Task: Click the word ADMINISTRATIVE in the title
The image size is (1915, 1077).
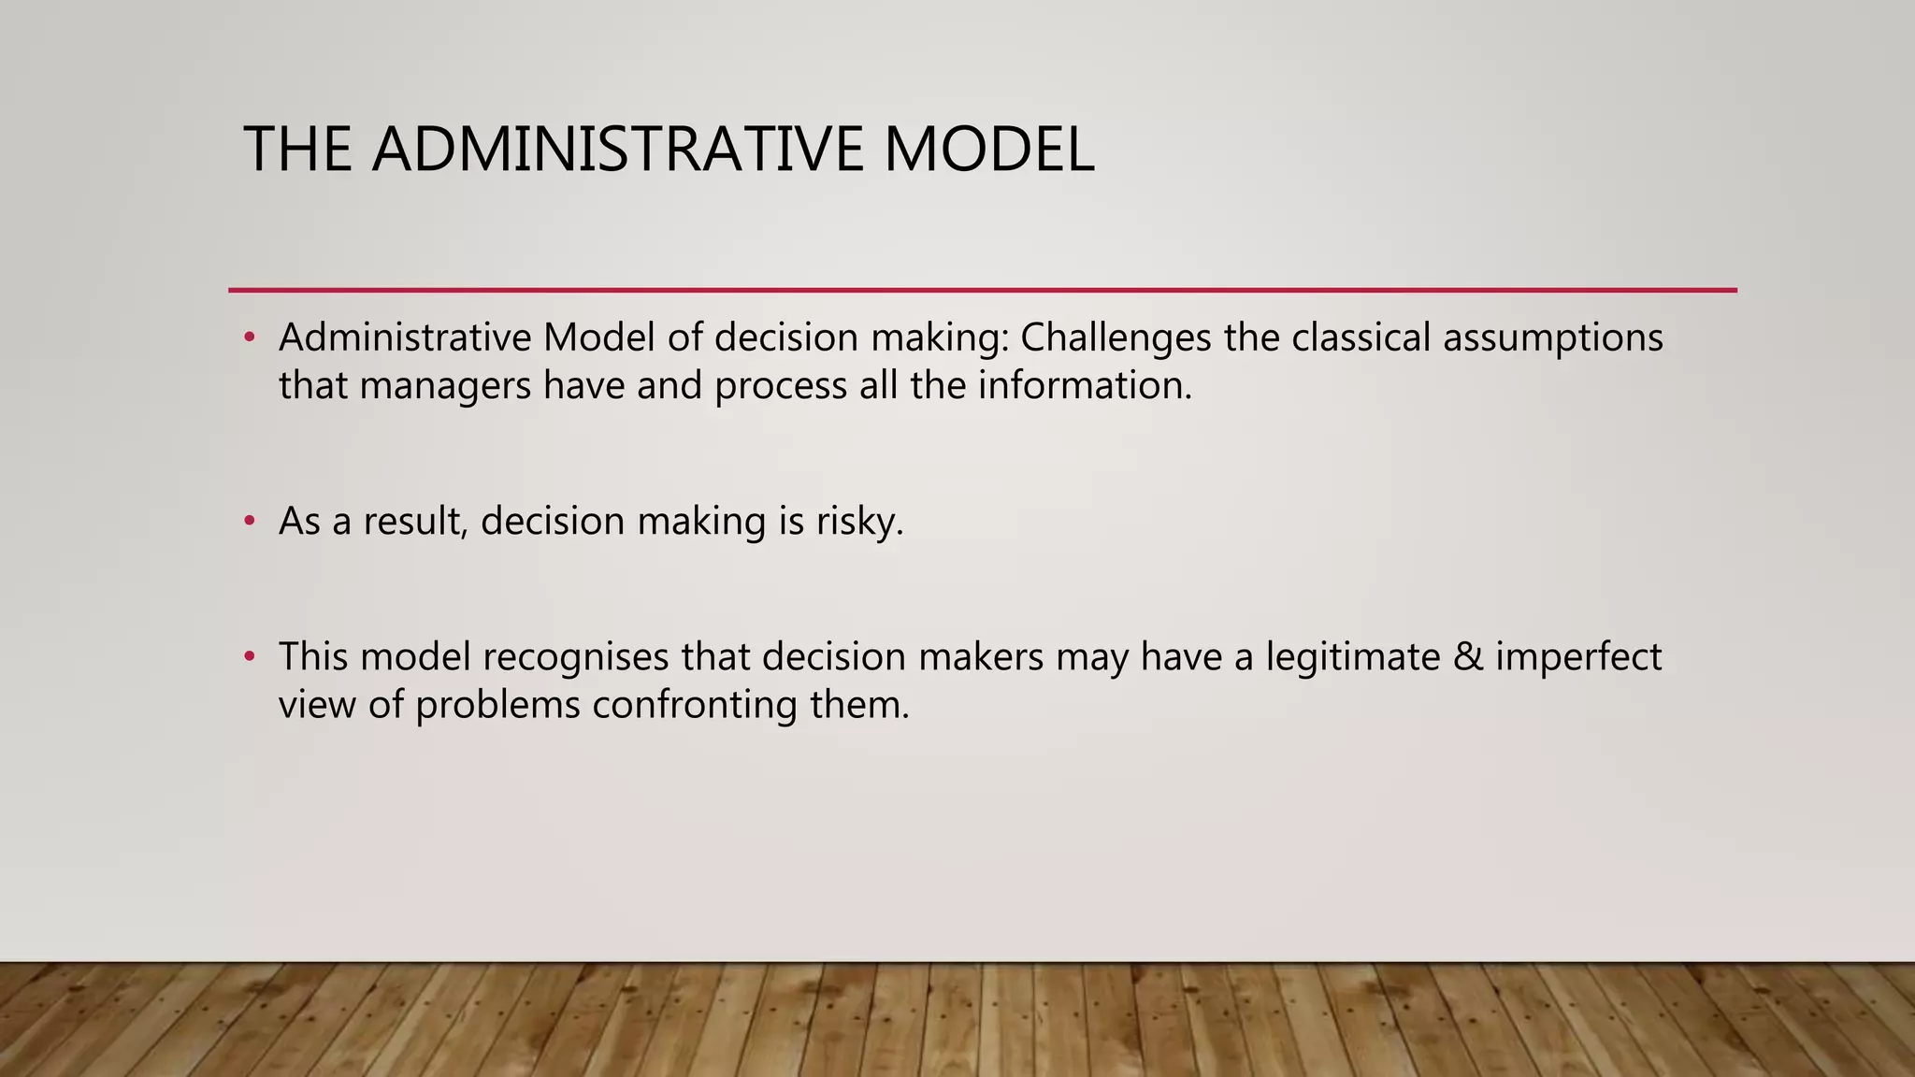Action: (617, 150)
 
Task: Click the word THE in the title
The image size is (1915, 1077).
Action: (297, 150)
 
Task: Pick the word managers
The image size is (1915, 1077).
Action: (445, 386)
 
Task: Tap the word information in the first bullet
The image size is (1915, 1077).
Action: (1085, 385)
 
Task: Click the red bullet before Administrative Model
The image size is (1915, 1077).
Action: (249, 337)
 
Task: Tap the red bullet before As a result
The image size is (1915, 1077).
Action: (249, 521)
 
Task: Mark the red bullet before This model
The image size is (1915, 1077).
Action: (249, 657)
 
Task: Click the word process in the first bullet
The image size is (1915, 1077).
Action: (781, 386)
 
